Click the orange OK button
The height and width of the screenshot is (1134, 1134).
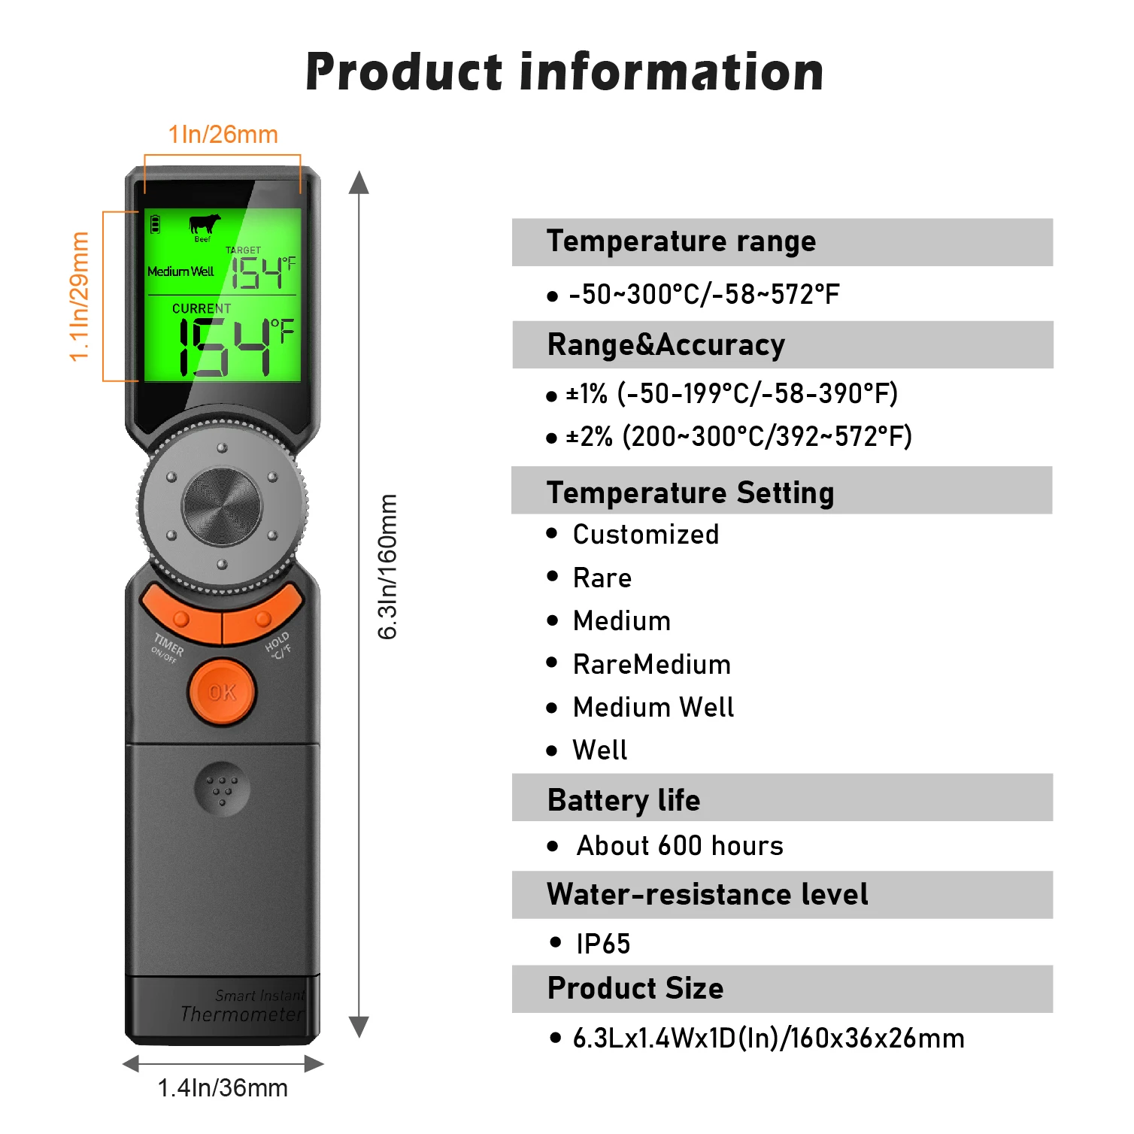click(222, 692)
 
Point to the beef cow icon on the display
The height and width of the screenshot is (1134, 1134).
click(204, 224)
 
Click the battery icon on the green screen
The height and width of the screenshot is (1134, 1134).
click(155, 224)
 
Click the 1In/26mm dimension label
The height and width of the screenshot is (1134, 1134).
click(223, 135)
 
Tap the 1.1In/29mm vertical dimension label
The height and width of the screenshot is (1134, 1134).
click(79, 296)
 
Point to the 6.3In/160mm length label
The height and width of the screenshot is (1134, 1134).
click(387, 566)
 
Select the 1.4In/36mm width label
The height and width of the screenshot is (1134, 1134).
click(223, 1087)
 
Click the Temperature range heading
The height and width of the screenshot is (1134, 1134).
click(681, 241)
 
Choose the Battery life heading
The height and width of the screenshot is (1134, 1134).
click(623, 799)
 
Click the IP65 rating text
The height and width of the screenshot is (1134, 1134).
click(603, 944)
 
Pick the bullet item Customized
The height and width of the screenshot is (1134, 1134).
click(645, 535)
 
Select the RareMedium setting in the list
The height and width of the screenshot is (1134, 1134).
click(651, 665)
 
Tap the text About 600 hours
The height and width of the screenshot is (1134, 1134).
click(680, 846)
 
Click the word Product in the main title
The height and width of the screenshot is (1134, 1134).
click(404, 72)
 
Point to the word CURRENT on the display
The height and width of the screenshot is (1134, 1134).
click(202, 308)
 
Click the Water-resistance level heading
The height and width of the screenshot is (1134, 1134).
click(707, 894)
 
